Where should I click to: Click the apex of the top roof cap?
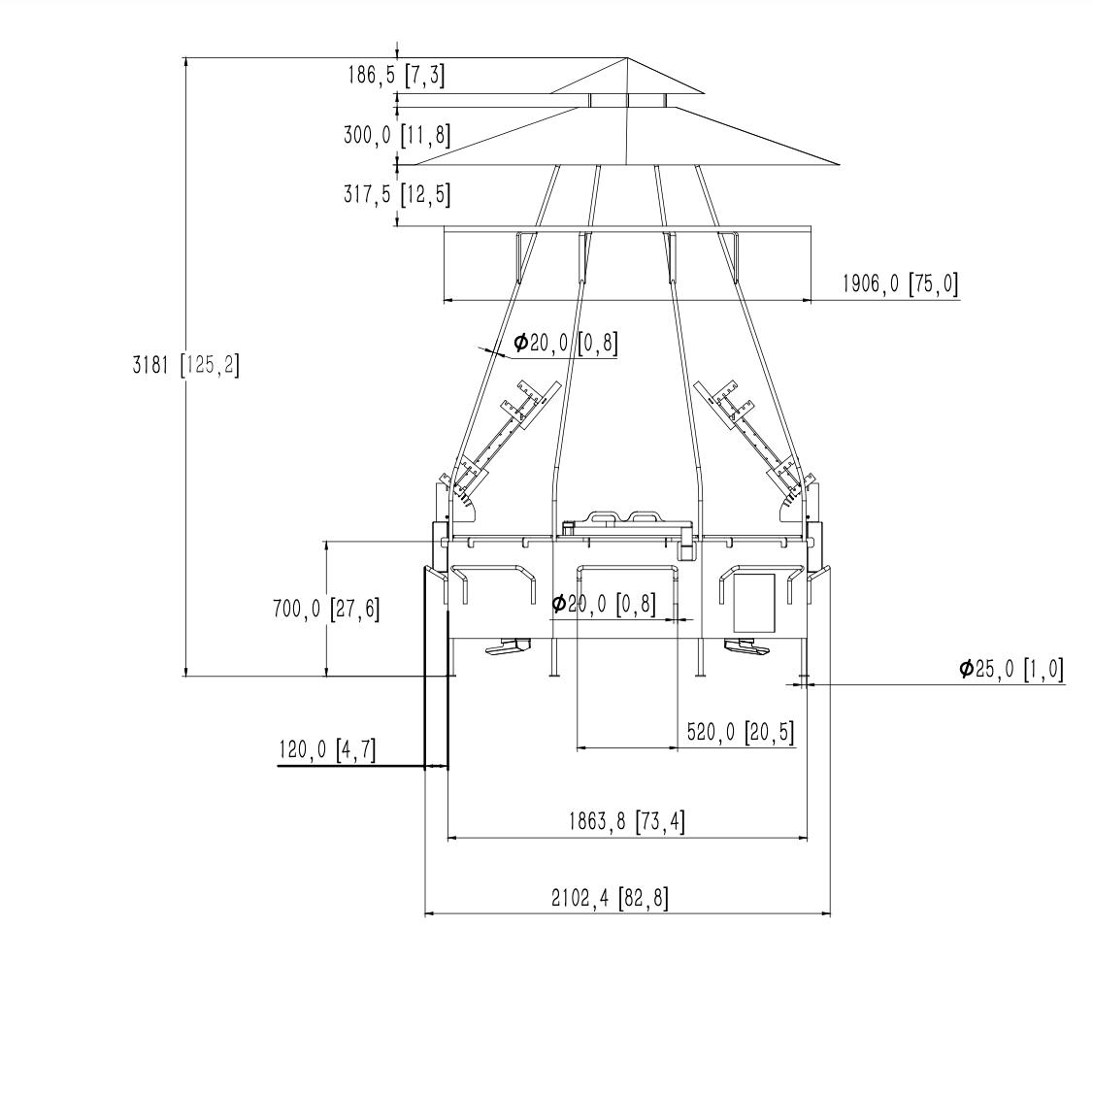(x=627, y=58)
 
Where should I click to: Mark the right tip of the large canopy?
(x=840, y=164)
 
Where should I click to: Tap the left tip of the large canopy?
(x=415, y=164)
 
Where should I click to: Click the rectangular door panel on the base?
(x=753, y=603)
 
